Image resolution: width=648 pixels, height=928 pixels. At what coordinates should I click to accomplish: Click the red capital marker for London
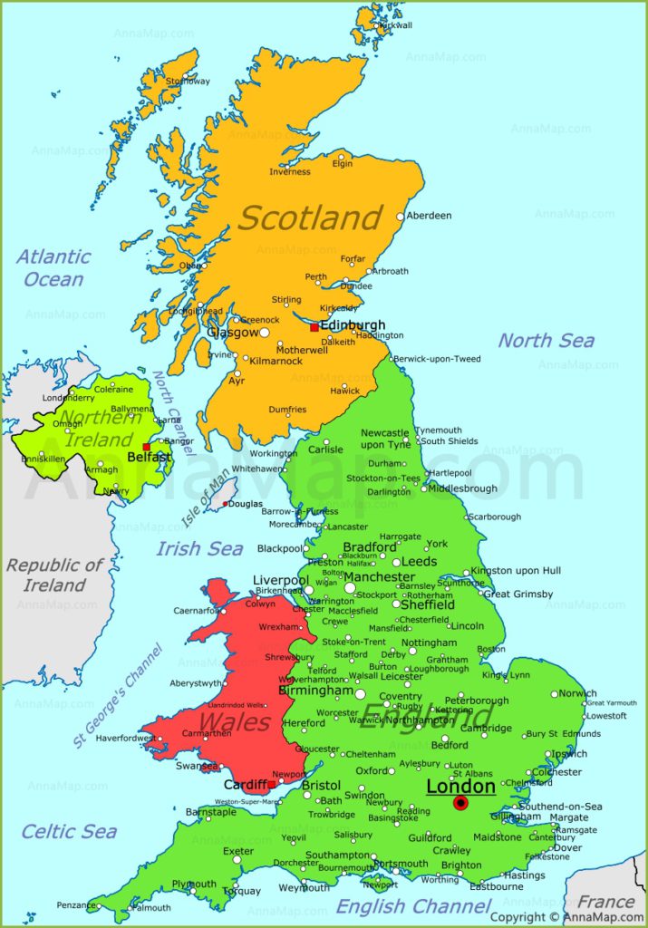coord(461,803)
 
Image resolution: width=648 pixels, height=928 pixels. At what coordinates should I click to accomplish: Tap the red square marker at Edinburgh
coord(314,327)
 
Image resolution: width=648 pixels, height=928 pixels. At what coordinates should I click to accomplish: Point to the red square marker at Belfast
coord(146,447)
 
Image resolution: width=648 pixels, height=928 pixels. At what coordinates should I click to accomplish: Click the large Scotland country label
coord(310,217)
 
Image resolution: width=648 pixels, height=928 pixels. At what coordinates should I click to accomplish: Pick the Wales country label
coord(234,722)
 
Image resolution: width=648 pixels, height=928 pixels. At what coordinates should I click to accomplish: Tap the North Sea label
coord(546,341)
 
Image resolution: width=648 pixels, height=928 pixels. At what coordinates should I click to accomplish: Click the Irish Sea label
coord(199,548)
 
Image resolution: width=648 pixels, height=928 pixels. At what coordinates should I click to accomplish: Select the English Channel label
coord(413,905)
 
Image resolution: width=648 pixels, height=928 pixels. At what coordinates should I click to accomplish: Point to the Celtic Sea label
coord(69,831)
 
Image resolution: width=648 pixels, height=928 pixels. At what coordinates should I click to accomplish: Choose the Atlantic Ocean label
coord(53,267)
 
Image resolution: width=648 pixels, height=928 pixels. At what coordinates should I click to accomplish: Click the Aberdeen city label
coord(429,216)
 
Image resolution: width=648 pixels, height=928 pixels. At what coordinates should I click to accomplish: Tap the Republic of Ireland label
coord(54,575)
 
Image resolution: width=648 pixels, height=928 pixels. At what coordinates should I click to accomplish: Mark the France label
coord(605,902)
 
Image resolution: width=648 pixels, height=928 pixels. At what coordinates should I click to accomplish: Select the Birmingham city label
coord(315,691)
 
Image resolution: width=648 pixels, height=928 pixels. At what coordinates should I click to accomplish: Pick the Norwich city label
coord(577,694)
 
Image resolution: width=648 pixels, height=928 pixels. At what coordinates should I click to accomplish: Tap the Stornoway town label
coord(187,81)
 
